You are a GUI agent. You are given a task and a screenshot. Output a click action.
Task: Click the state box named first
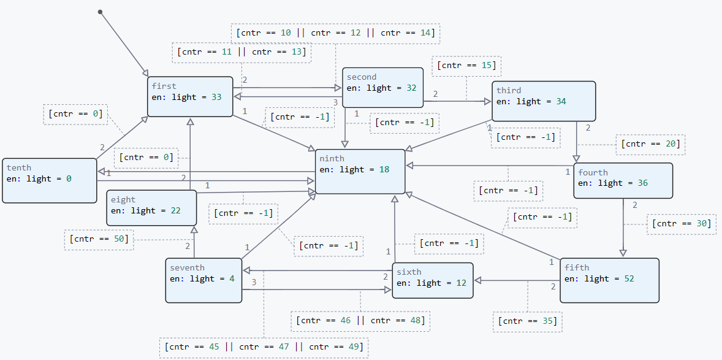[190, 96]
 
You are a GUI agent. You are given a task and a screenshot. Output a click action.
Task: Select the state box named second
[382, 88]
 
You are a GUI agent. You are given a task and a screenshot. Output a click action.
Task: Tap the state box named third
[544, 101]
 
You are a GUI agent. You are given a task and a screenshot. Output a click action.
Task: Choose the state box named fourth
[623, 180]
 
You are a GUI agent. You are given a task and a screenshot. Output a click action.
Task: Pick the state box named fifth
[609, 280]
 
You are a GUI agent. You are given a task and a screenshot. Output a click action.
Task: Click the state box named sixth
[432, 280]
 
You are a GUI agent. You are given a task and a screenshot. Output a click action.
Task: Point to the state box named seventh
[203, 280]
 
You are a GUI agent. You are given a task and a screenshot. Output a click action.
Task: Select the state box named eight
[152, 208]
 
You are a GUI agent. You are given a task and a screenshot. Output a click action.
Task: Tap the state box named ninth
[360, 171]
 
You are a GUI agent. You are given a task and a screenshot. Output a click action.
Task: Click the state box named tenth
[50, 180]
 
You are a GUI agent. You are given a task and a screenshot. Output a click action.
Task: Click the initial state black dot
[100, 12]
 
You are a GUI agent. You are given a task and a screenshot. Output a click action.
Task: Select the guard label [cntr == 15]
[467, 66]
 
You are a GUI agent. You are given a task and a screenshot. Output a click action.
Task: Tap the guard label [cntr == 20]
[650, 144]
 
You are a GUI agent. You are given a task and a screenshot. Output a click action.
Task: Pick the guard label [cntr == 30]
[681, 224]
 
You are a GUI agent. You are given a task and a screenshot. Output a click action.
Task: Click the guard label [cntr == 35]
[527, 321]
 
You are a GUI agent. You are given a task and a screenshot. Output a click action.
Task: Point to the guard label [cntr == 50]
[99, 239]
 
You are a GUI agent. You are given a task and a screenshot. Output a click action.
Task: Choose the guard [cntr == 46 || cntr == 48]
[360, 320]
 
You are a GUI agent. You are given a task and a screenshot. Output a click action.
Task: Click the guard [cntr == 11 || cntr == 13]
[241, 52]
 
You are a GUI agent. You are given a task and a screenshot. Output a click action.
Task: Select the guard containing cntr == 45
[264, 347]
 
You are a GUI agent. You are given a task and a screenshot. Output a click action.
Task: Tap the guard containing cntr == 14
[335, 33]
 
